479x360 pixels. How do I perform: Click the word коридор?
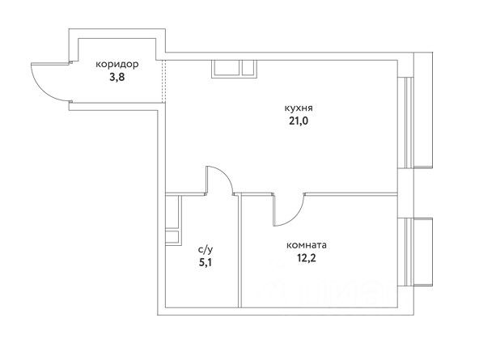(117, 65)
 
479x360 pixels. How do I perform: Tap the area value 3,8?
(117, 78)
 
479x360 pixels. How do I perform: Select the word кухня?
(299, 108)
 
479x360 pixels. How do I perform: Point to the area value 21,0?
(299, 121)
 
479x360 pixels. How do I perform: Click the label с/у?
(206, 250)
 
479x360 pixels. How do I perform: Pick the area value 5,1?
(206, 262)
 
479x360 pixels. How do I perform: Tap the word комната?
(307, 245)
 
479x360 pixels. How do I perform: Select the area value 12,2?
(307, 258)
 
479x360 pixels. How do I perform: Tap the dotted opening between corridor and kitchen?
(163, 82)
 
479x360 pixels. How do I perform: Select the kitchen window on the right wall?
(405, 123)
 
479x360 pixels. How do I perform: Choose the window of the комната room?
(405, 252)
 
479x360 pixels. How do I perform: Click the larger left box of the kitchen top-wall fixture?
(226, 68)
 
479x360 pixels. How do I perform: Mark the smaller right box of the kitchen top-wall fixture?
(248, 68)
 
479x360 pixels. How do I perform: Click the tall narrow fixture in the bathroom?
(173, 212)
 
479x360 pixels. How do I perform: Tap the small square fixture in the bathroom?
(173, 238)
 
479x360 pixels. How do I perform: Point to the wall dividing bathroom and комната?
(239, 251)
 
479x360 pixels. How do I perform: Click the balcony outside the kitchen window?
(423, 110)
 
